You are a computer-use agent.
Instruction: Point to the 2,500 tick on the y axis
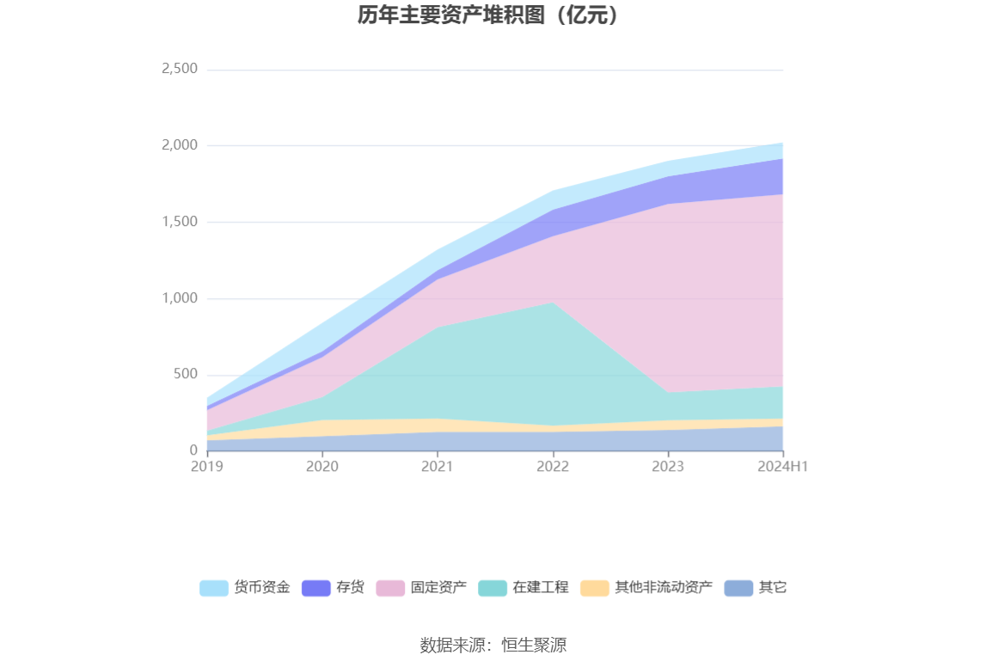[x=180, y=69]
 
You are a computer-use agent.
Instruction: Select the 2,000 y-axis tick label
[x=180, y=145]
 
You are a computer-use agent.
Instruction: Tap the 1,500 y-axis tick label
[x=180, y=222]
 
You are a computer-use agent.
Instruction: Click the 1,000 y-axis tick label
[x=180, y=298]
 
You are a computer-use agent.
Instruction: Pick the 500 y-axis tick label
[x=186, y=375]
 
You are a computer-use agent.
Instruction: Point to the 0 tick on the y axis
[x=193, y=450]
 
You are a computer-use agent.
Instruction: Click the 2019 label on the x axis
[x=207, y=466]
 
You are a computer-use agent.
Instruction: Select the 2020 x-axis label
[x=322, y=466]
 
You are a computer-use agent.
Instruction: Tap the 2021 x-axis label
[x=438, y=466]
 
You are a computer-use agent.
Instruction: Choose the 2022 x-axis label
[x=553, y=466]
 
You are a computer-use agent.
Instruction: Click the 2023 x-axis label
[x=668, y=466]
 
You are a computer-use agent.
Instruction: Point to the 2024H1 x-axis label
[x=783, y=466]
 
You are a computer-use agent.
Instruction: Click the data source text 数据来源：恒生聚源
[x=493, y=645]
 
